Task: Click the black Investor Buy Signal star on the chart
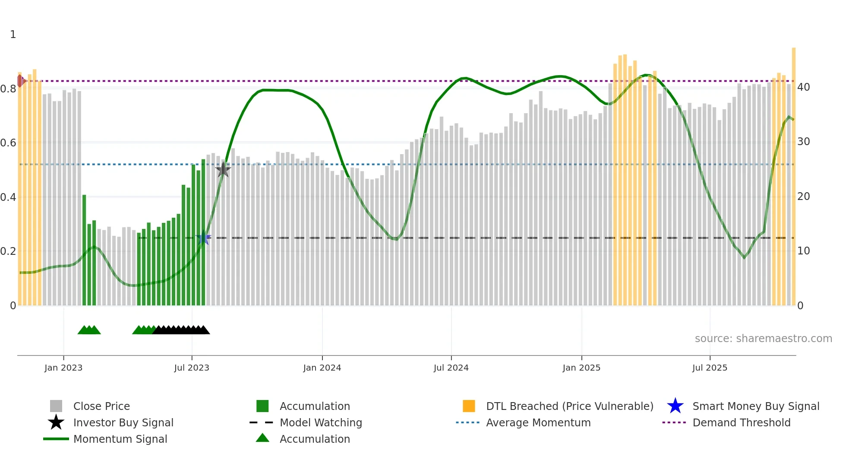pyautogui.click(x=223, y=170)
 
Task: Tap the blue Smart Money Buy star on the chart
pyautogui.click(x=203, y=238)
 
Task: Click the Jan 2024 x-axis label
pyautogui.click(x=322, y=368)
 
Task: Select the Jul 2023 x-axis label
pyautogui.click(x=192, y=368)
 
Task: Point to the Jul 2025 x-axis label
pyautogui.click(x=710, y=368)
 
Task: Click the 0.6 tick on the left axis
pyautogui.click(x=8, y=143)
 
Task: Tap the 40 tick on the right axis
pyautogui.click(x=803, y=87)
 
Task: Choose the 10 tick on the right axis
pyautogui.click(x=803, y=251)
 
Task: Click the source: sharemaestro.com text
pyautogui.click(x=763, y=339)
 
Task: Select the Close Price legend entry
pyautogui.click(x=101, y=406)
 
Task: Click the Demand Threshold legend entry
pyautogui.click(x=741, y=423)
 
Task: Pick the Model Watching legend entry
pyautogui.click(x=321, y=423)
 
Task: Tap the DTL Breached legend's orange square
pyautogui.click(x=469, y=406)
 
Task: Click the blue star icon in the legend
pyautogui.click(x=675, y=406)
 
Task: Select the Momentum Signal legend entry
pyautogui.click(x=120, y=439)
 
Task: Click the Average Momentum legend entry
pyautogui.click(x=538, y=423)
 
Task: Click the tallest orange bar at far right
pyautogui.click(x=793, y=173)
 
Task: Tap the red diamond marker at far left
pyautogui.click(x=20, y=81)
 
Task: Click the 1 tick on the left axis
pyautogui.click(x=13, y=35)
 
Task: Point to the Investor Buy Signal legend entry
pyautogui.click(x=123, y=423)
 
